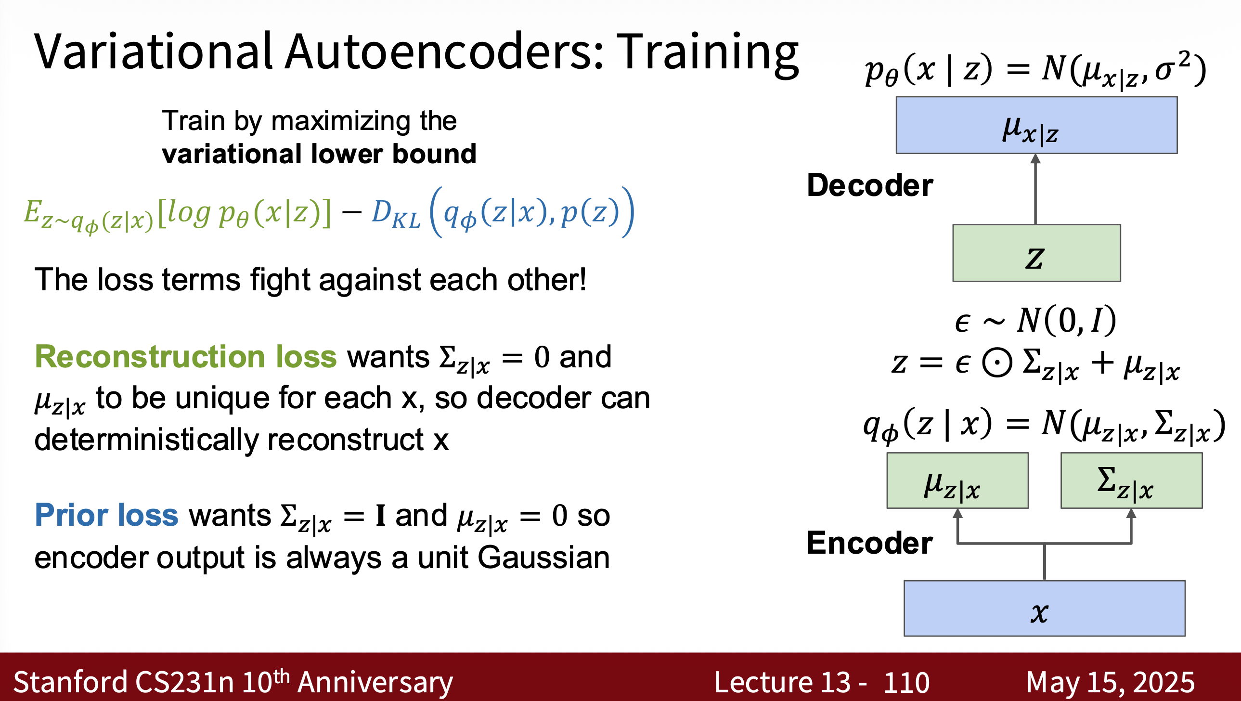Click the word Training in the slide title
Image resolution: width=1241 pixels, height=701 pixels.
pyautogui.click(x=708, y=53)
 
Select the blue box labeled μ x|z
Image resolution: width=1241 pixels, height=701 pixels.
pyautogui.click(x=1036, y=125)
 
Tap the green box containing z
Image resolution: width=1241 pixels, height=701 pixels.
pyautogui.click(x=1036, y=253)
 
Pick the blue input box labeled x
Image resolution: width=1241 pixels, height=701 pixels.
pyautogui.click(x=1045, y=609)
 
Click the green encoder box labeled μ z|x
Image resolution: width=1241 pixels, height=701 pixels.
pyautogui.click(x=958, y=480)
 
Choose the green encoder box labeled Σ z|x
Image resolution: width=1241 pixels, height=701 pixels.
pyautogui.click(x=1132, y=480)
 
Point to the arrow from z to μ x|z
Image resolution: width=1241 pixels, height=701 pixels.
pyautogui.click(x=1036, y=189)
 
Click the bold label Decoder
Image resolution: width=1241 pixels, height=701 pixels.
pyautogui.click(x=870, y=185)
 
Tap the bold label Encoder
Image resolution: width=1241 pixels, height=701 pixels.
pyautogui.click(x=870, y=543)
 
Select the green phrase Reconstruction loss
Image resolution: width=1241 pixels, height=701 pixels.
pyautogui.click(x=186, y=357)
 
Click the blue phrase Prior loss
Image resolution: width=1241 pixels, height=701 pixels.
pyautogui.click(x=106, y=515)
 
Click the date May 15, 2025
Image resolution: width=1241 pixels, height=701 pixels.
pyautogui.click(x=1111, y=682)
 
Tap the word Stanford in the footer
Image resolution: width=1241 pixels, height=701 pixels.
pyautogui.click(x=71, y=682)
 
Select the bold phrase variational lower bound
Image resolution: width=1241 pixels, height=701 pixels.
pyautogui.click(x=319, y=154)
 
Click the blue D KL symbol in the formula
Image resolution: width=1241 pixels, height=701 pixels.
pyautogui.click(x=396, y=213)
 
